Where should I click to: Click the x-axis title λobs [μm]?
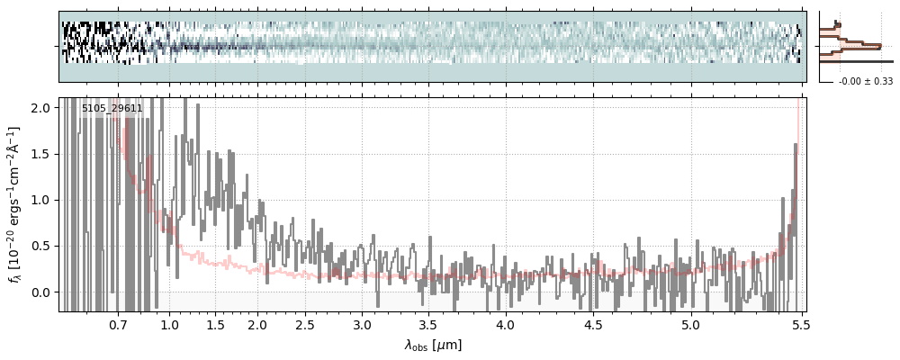point(433,345)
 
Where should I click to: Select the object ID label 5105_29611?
point(112,109)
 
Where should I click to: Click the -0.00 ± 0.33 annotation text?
point(865,82)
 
